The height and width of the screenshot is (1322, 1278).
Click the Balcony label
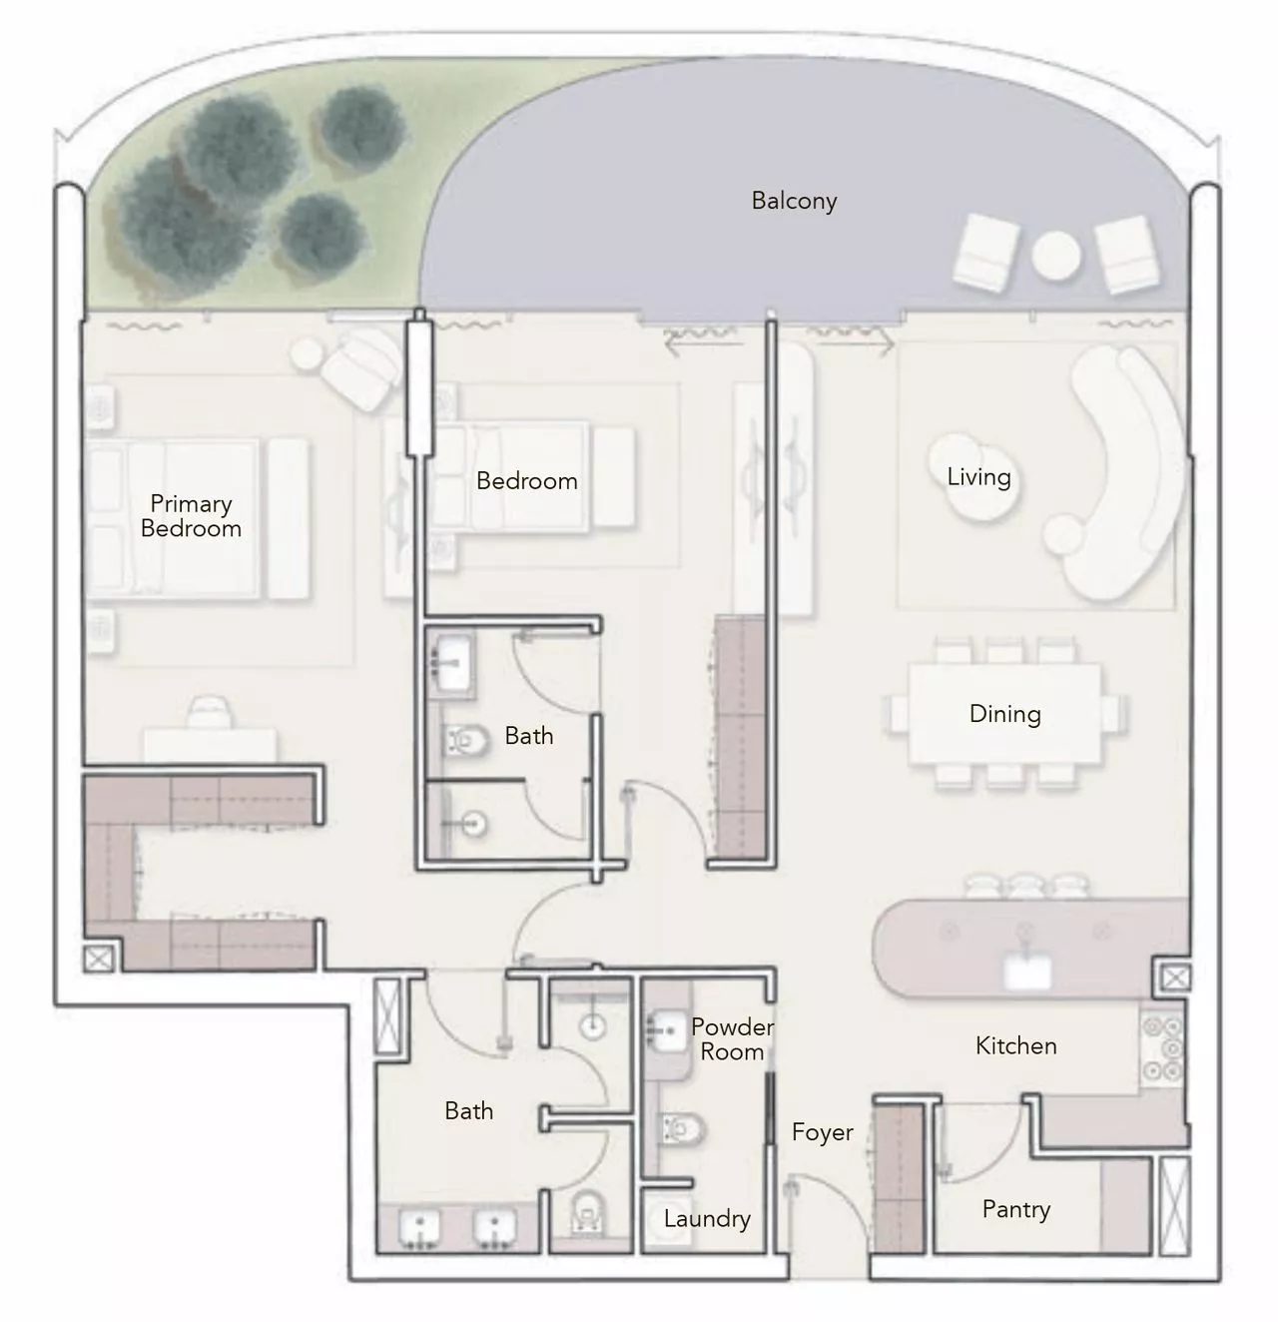click(794, 201)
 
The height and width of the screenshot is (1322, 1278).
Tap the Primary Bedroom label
click(191, 516)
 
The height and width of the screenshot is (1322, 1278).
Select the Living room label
click(978, 477)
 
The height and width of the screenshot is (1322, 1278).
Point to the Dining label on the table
click(1004, 714)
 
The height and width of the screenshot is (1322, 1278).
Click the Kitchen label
click(1015, 1045)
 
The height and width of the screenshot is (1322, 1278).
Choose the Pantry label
click(1015, 1209)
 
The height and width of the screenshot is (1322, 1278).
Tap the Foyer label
click(822, 1132)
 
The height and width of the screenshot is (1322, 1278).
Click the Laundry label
click(707, 1218)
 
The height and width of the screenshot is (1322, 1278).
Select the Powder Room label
click(732, 1039)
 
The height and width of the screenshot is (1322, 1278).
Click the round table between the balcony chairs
click(1055, 257)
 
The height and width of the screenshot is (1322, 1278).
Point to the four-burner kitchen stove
click(1161, 1047)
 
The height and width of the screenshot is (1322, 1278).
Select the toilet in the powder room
click(683, 1129)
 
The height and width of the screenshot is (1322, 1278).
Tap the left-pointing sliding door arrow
click(688, 344)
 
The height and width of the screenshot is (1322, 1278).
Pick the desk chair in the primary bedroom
click(209, 711)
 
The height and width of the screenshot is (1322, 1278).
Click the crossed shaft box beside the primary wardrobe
click(98, 960)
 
